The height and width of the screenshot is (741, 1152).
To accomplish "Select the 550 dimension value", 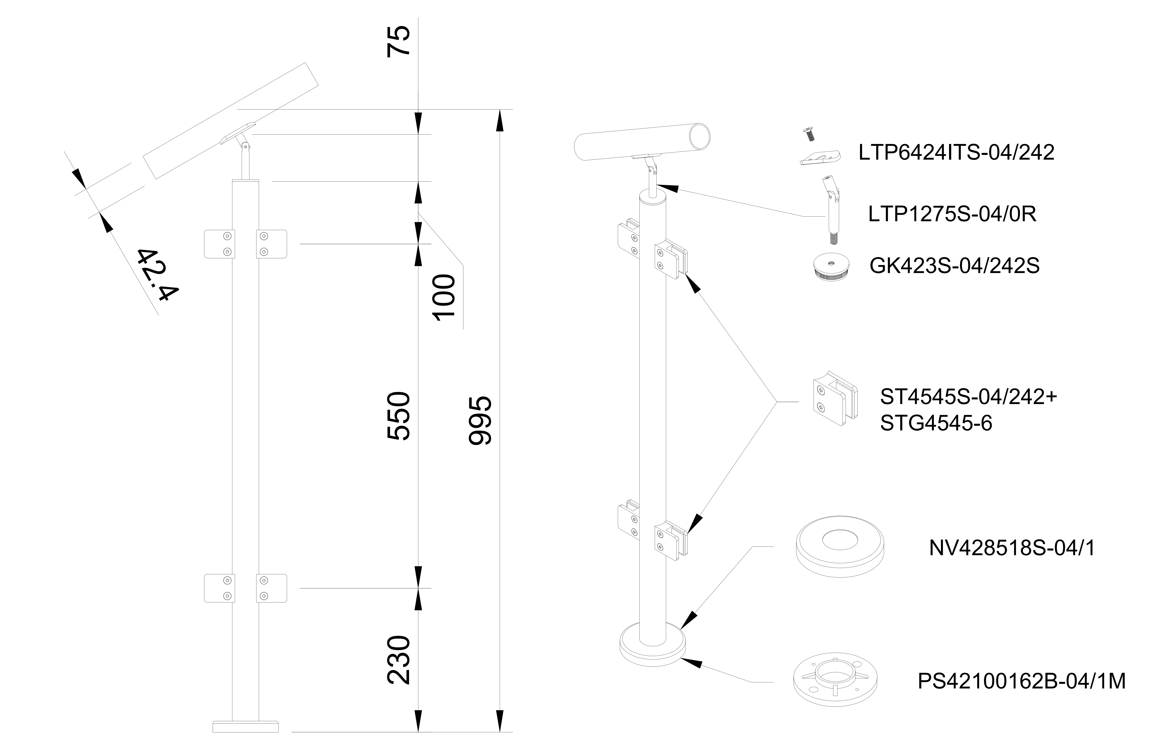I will click(x=399, y=416).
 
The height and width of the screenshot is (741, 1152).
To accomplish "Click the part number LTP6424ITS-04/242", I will click(x=957, y=153).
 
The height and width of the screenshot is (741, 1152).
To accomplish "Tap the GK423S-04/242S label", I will click(x=954, y=266).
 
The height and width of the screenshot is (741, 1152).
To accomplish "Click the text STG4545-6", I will click(x=936, y=423).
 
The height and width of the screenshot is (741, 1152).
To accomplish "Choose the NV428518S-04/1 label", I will click(x=1012, y=548).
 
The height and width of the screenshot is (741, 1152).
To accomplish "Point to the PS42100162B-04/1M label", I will click(x=1022, y=681).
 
